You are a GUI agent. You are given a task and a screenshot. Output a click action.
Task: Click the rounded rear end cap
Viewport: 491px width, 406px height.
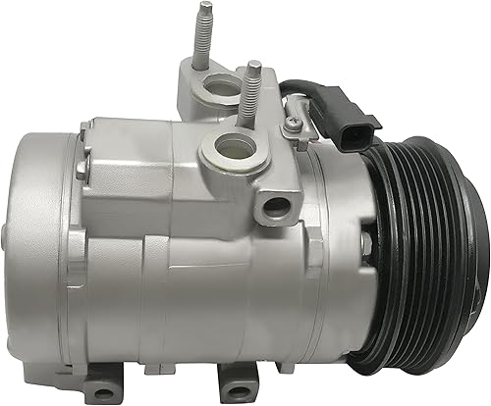[39, 225]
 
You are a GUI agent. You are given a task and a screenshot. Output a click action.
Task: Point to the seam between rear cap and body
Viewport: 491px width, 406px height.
[76, 235]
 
